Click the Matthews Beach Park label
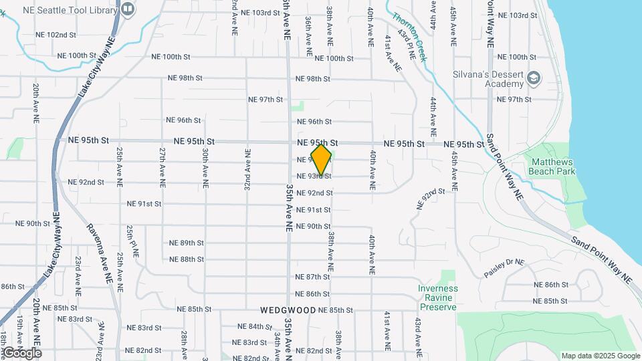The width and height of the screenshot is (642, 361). [x=552, y=166]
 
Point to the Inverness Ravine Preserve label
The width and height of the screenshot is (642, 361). [x=437, y=297]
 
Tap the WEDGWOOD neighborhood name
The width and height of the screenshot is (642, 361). [x=288, y=310]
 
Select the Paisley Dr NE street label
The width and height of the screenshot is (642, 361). [x=505, y=269]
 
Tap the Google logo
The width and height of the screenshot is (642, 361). [x=22, y=353]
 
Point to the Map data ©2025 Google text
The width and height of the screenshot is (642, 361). [x=599, y=356]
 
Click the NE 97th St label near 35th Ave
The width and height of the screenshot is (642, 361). [x=265, y=100]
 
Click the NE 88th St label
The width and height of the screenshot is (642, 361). [x=186, y=259]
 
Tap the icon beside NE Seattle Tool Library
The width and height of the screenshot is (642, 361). [x=128, y=9]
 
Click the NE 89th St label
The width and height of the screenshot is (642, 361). [x=186, y=243]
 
